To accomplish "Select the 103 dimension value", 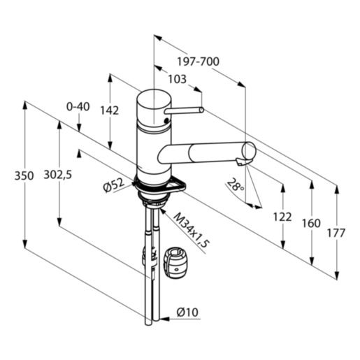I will click(x=178, y=80).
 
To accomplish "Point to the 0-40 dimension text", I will click(x=78, y=106).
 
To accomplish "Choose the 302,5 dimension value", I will click(x=58, y=176).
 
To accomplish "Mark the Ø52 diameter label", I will click(x=112, y=185).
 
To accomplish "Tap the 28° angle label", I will click(x=236, y=185).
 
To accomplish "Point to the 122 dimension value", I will click(x=282, y=217).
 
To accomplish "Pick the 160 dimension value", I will click(x=310, y=224).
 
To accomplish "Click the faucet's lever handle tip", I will click(x=201, y=110).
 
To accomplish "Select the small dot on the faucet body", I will click(x=165, y=121).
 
